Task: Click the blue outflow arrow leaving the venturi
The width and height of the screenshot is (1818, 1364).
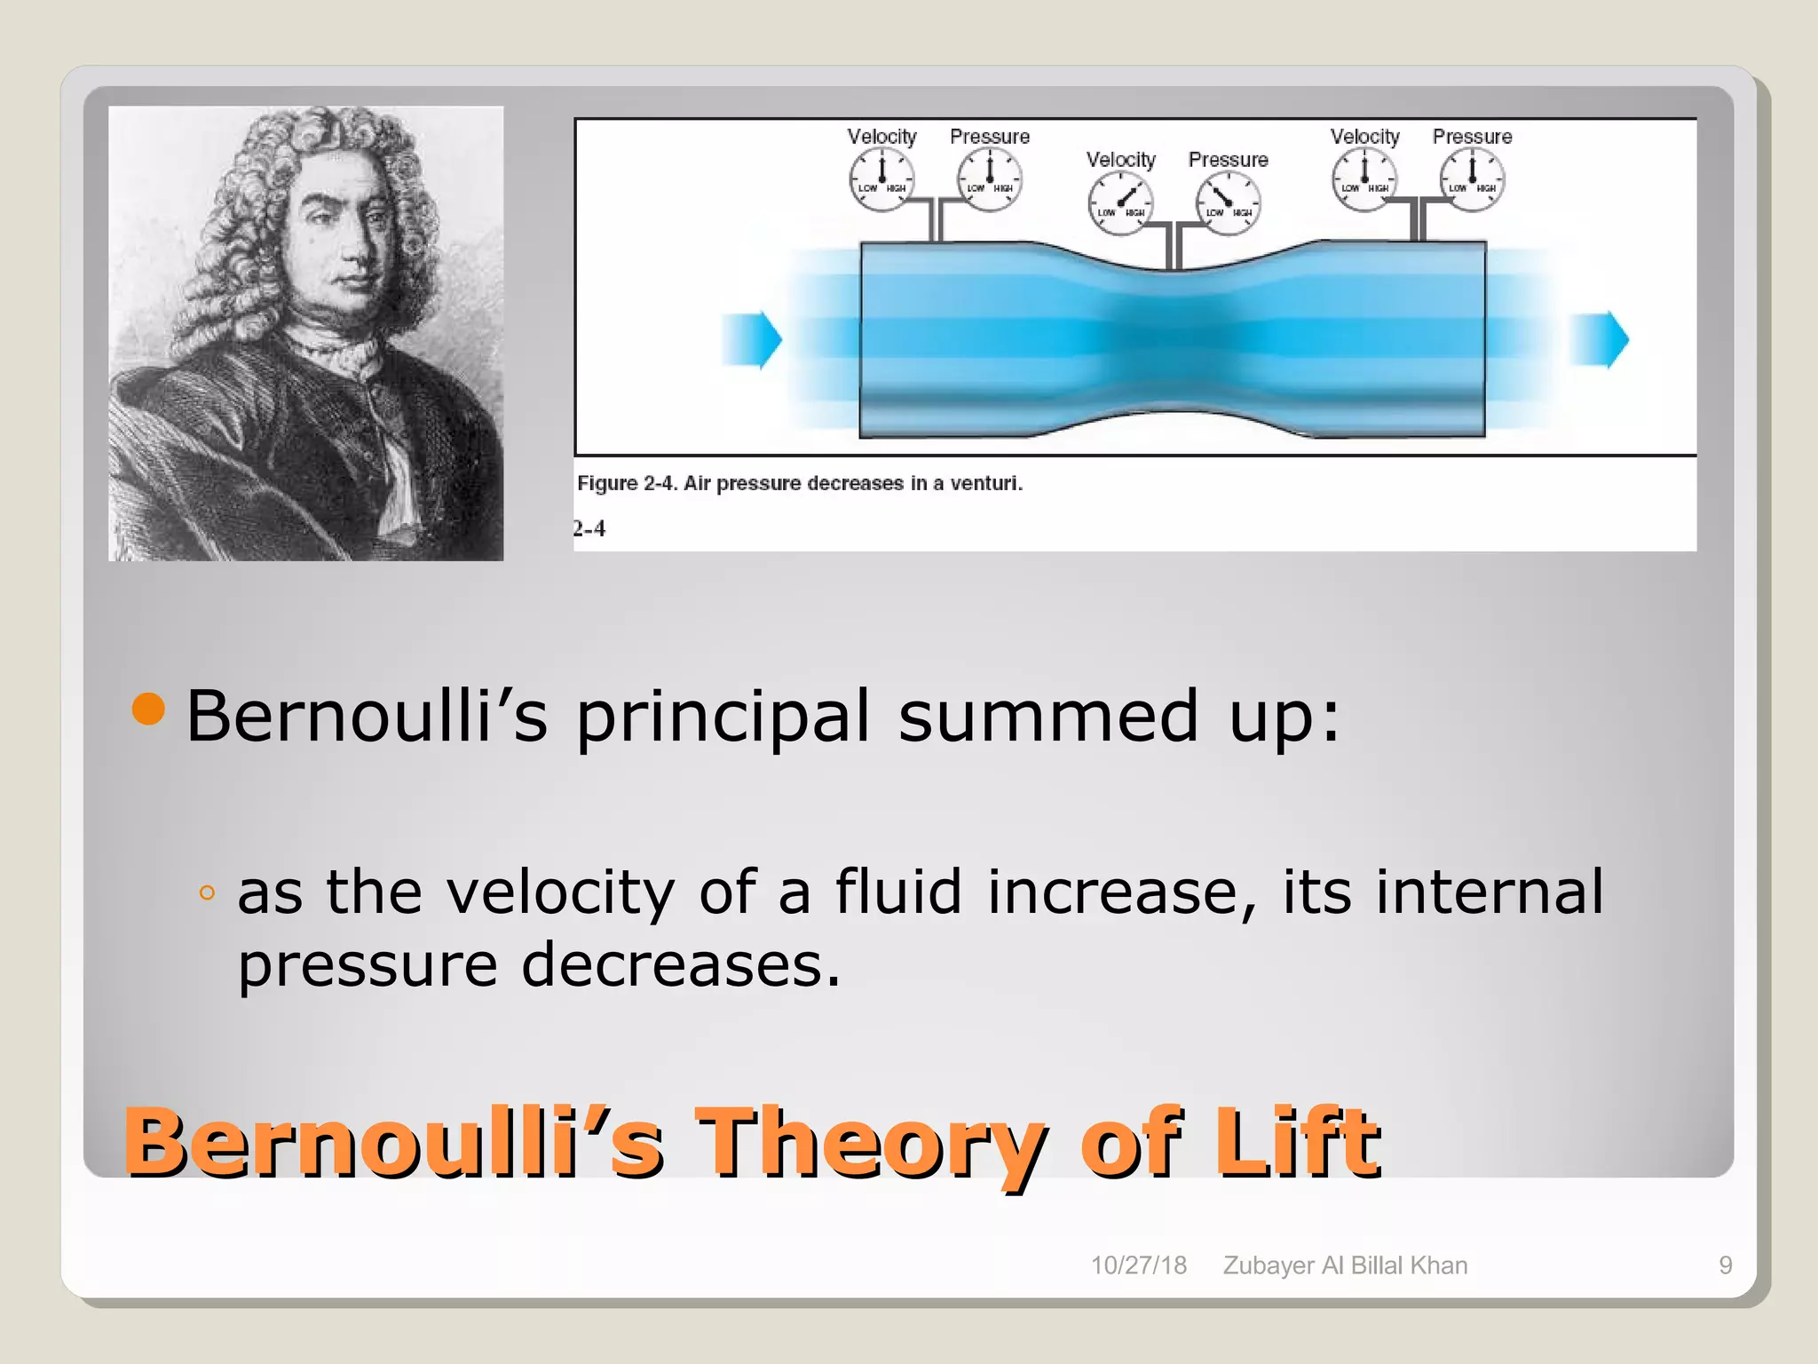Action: pyautogui.click(x=1599, y=339)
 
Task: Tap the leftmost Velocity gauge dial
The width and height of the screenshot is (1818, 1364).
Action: pyautogui.click(x=881, y=178)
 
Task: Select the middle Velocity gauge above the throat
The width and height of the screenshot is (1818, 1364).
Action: pyautogui.click(x=1120, y=203)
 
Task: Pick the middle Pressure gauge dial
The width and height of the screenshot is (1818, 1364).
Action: pyautogui.click(x=1228, y=203)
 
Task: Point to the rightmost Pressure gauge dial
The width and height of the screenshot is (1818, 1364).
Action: pyautogui.click(x=1472, y=178)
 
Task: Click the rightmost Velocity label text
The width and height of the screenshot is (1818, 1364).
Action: pyautogui.click(x=1364, y=137)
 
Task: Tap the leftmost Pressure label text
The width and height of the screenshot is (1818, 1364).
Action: pyautogui.click(x=990, y=137)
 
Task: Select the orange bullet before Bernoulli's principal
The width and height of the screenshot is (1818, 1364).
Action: pyautogui.click(x=148, y=709)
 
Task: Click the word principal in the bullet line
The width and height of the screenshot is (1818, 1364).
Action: pyautogui.click(x=723, y=718)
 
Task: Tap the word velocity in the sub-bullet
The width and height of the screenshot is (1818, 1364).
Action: pyautogui.click(x=560, y=892)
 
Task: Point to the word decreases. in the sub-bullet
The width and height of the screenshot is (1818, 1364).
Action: pyautogui.click(x=680, y=965)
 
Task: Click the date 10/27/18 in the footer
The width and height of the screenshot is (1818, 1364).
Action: pyautogui.click(x=1138, y=1265)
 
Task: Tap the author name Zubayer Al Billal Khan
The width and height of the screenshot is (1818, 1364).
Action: pyautogui.click(x=1345, y=1265)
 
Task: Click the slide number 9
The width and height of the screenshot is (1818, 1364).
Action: pyautogui.click(x=1725, y=1265)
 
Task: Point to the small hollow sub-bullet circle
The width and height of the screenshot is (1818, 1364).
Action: pyautogui.click(x=207, y=893)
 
